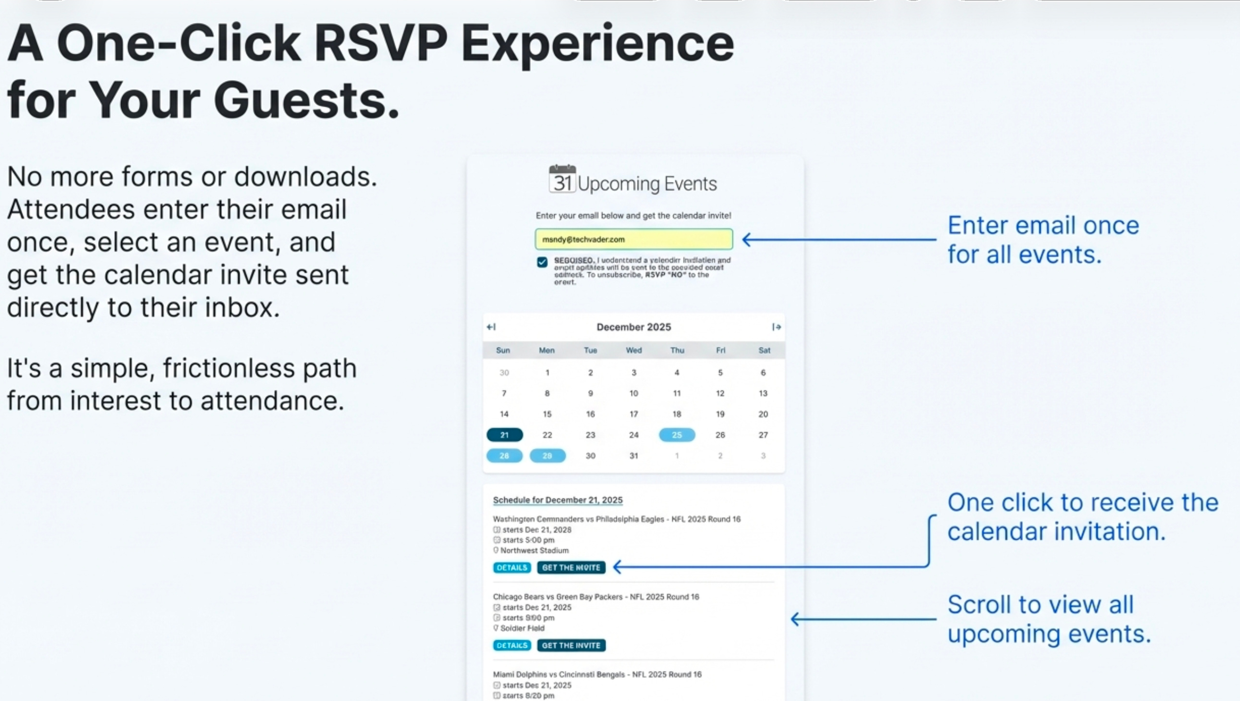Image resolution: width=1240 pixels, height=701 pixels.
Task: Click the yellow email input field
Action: pos(633,239)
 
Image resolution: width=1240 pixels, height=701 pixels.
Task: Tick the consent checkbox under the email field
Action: pos(542,262)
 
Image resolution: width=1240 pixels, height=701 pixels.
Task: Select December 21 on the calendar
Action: pos(504,435)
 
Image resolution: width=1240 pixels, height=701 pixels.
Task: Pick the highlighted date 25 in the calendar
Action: pos(677,435)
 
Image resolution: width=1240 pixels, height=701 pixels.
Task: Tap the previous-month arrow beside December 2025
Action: pos(491,327)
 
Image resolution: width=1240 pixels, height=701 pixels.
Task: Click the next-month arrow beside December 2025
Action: pos(776,327)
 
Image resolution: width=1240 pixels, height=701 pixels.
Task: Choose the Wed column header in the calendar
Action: pos(634,350)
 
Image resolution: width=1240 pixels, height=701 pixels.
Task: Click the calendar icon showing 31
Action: pos(562,179)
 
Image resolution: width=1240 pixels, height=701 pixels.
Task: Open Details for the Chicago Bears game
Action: pos(511,645)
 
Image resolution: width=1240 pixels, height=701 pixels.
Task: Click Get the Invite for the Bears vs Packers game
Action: pos(571,645)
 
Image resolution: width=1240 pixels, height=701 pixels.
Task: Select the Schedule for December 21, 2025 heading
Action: pos(558,500)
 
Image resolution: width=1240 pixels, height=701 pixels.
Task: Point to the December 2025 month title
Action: pos(634,327)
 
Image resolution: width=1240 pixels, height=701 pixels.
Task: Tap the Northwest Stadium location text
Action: pos(534,550)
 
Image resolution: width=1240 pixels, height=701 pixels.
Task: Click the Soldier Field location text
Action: pos(522,628)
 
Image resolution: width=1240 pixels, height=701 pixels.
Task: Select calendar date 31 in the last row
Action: pos(634,456)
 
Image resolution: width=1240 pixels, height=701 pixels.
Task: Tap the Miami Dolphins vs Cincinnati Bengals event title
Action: pos(597,675)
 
